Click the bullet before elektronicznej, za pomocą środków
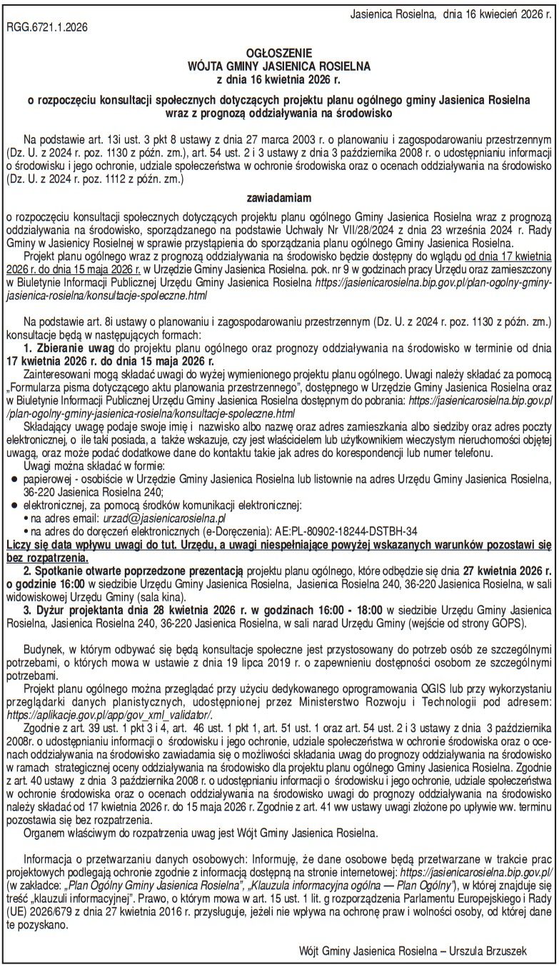(x=13, y=506)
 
